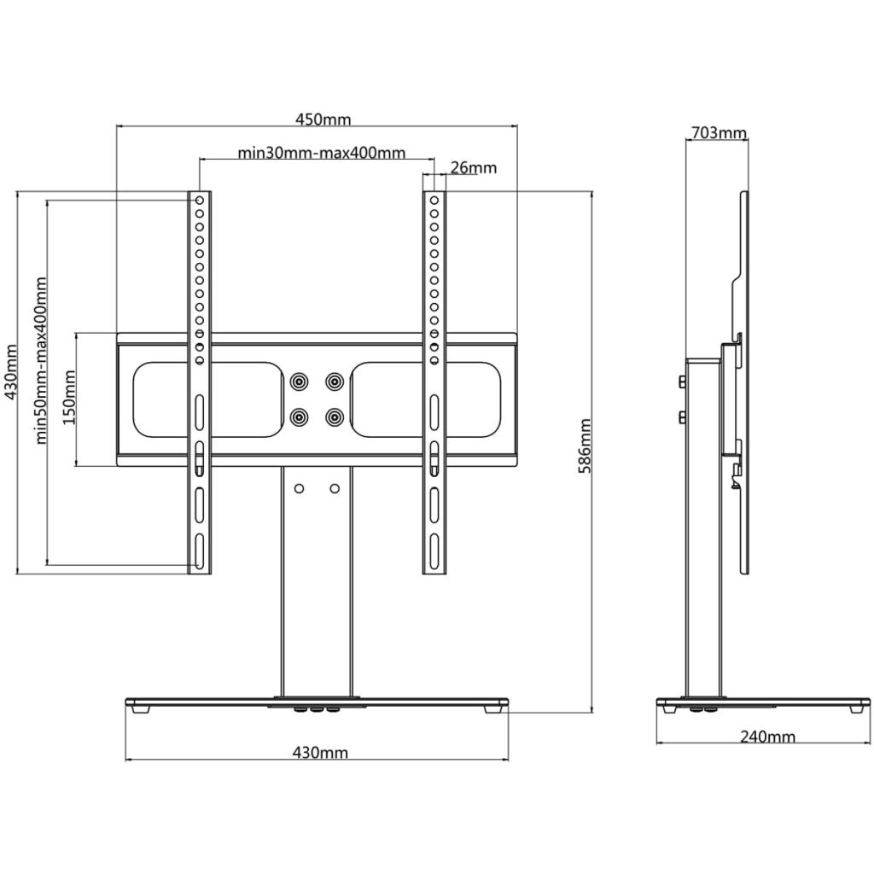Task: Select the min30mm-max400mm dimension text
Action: pyautogui.click(x=321, y=154)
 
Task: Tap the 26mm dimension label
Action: pyautogui.click(x=473, y=167)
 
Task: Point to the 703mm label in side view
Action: pyautogui.click(x=717, y=132)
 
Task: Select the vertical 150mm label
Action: pyautogui.click(x=71, y=398)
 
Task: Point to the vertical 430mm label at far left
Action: pyautogui.click(x=10, y=376)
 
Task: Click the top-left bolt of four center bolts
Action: pyautogui.click(x=299, y=381)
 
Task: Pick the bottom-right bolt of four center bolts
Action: pyautogui.click(x=335, y=417)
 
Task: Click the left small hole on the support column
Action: pyautogui.click(x=299, y=488)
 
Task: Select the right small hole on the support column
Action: pyautogui.click(x=335, y=488)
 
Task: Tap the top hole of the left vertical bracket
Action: pyautogui.click(x=199, y=201)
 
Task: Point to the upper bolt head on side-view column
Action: pyautogui.click(x=683, y=382)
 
